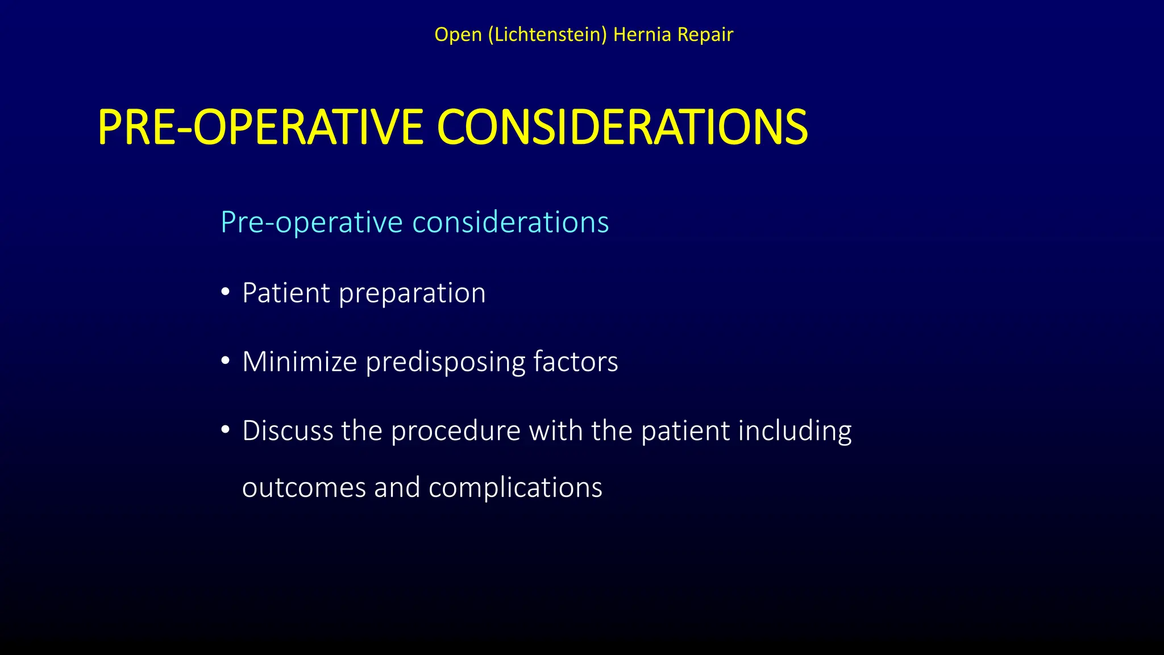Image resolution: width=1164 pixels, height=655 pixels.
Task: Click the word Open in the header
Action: pos(458,35)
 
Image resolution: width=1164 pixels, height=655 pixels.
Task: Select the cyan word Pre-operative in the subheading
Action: pos(312,222)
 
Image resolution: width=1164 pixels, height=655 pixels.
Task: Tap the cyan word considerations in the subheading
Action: pos(510,222)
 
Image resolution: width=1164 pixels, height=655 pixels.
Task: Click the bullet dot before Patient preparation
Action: pos(226,292)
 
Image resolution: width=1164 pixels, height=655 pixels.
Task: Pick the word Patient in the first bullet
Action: pos(286,293)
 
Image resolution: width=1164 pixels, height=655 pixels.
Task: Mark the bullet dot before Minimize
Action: pos(226,361)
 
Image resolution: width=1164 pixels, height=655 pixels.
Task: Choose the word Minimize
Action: pos(300,362)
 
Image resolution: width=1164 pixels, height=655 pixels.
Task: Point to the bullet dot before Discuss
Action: pos(226,430)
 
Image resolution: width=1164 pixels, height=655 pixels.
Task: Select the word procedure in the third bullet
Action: pos(456,431)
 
